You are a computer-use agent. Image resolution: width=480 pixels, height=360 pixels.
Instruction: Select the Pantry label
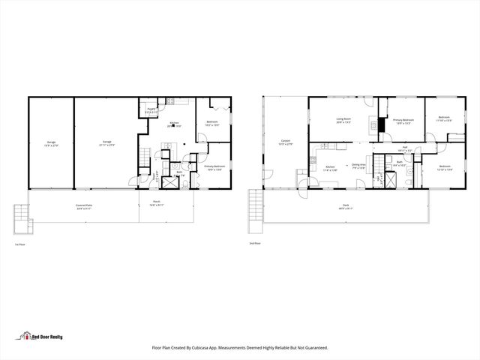pyautogui.click(x=151, y=110)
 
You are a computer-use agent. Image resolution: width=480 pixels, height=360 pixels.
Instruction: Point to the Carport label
pyautogui.click(x=286, y=142)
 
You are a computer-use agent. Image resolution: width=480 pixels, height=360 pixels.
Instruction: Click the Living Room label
pyautogui.click(x=344, y=121)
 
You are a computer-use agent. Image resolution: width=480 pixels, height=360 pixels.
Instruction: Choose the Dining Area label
pyautogui.click(x=358, y=166)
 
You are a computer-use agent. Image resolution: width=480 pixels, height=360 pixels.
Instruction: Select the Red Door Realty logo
pyautogui.click(x=40, y=337)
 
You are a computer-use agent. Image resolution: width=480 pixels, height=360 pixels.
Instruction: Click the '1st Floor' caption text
pyautogui.click(x=20, y=244)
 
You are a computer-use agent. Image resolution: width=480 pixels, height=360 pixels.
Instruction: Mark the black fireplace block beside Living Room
pyautogui.click(x=381, y=126)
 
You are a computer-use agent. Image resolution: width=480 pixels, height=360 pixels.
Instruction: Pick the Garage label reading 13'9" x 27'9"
pyautogui.click(x=51, y=142)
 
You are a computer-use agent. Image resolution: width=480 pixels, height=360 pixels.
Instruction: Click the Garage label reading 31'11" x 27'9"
pyautogui.click(x=107, y=142)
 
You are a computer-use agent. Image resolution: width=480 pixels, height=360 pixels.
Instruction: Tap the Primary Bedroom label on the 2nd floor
pyautogui.click(x=403, y=121)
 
